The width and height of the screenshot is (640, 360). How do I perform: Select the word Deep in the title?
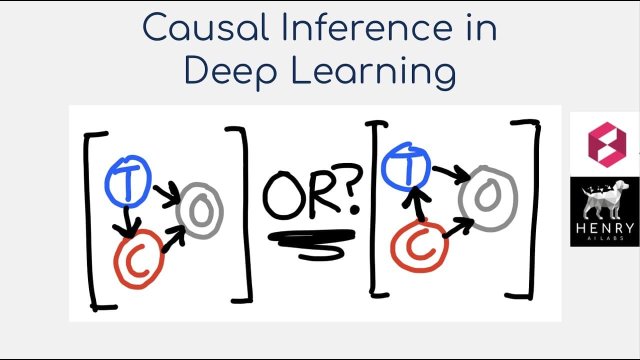[x=231, y=71]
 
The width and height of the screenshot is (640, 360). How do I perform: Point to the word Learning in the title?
[x=373, y=71]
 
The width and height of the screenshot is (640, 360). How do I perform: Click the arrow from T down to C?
[x=127, y=223]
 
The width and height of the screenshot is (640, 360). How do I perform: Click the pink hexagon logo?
[x=607, y=144]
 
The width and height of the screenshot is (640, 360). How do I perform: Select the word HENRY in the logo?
[x=605, y=228]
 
